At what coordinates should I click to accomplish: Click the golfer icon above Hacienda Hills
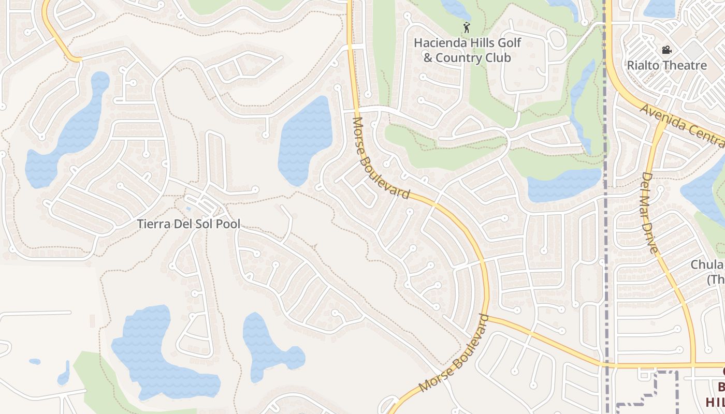pyautogui.click(x=467, y=27)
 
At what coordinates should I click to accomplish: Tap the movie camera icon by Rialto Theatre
pyautogui.click(x=666, y=50)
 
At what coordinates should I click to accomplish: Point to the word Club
pyautogui.click(x=499, y=57)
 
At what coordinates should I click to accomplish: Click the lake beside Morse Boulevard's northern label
pyautogui.click(x=306, y=140)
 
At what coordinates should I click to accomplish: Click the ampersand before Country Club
pyautogui.click(x=428, y=57)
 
